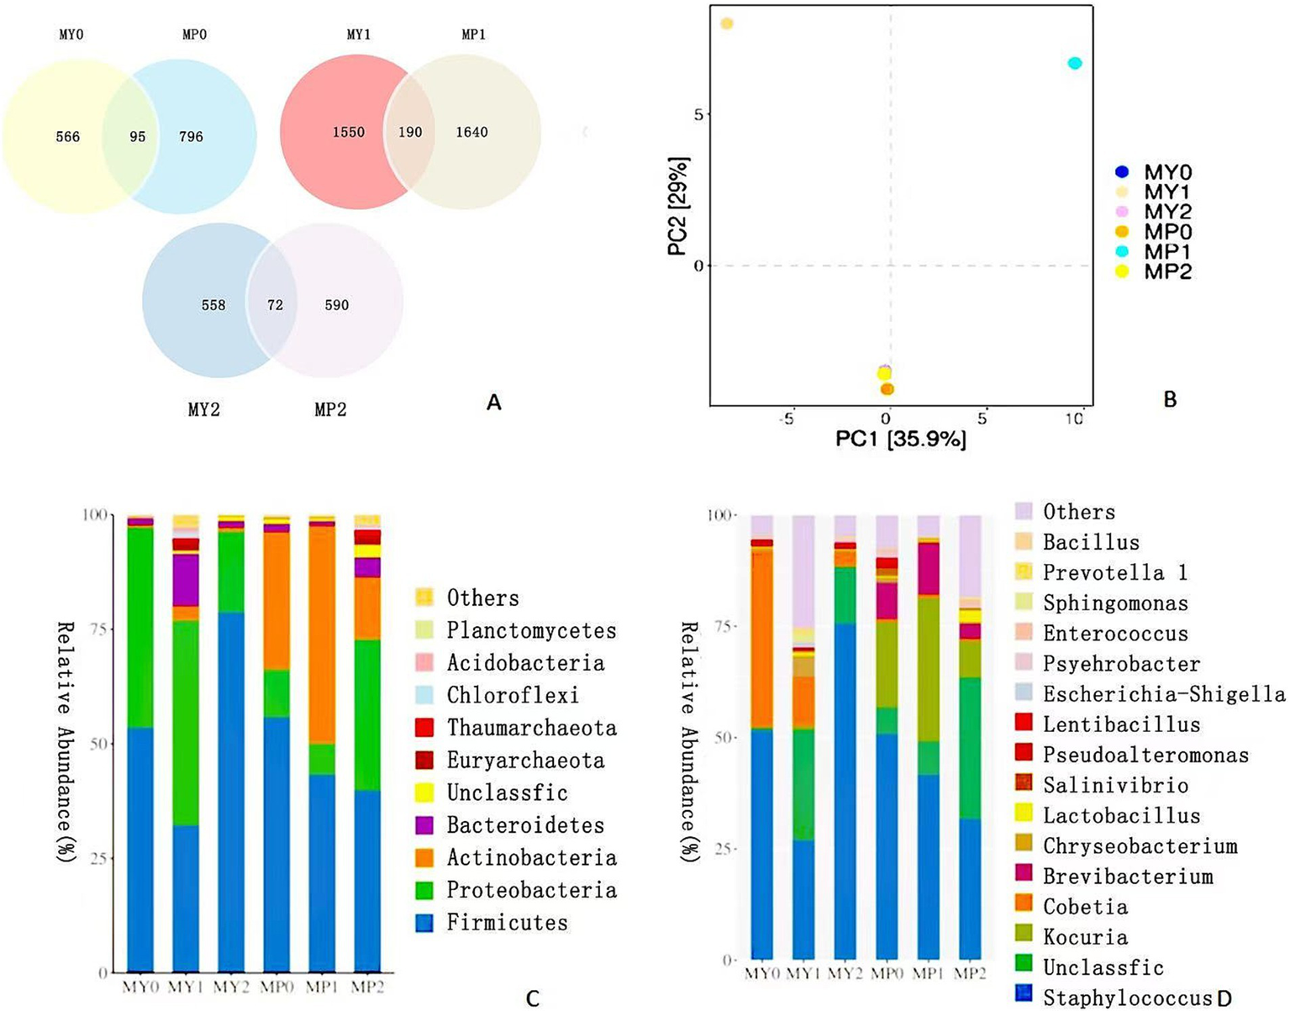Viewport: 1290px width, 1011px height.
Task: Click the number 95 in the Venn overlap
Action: tap(137, 136)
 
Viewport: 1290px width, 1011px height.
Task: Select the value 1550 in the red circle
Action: tap(348, 132)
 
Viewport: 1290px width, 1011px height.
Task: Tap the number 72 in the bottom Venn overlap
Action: tap(275, 305)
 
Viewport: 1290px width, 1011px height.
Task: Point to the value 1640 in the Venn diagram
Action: tap(471, 132)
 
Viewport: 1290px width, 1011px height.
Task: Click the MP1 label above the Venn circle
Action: tap(473, 34)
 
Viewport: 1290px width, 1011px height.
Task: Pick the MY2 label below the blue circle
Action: tap(203, 410)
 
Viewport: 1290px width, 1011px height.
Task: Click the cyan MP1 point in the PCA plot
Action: tap(1074, 63)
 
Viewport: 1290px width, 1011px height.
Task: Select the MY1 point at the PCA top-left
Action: tap(727, 24)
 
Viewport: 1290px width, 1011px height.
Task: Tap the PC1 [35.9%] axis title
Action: tap(900, 439)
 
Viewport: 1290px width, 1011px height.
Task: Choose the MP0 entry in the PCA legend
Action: tap(1167, 232)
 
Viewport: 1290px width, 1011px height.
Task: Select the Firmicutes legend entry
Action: tap(506, 923)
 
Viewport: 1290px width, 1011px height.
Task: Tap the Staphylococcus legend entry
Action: tap(1125, 998)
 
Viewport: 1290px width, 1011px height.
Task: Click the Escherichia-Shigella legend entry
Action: tap(1163, 694)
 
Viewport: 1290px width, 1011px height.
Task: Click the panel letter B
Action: tap(1170, 400)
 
